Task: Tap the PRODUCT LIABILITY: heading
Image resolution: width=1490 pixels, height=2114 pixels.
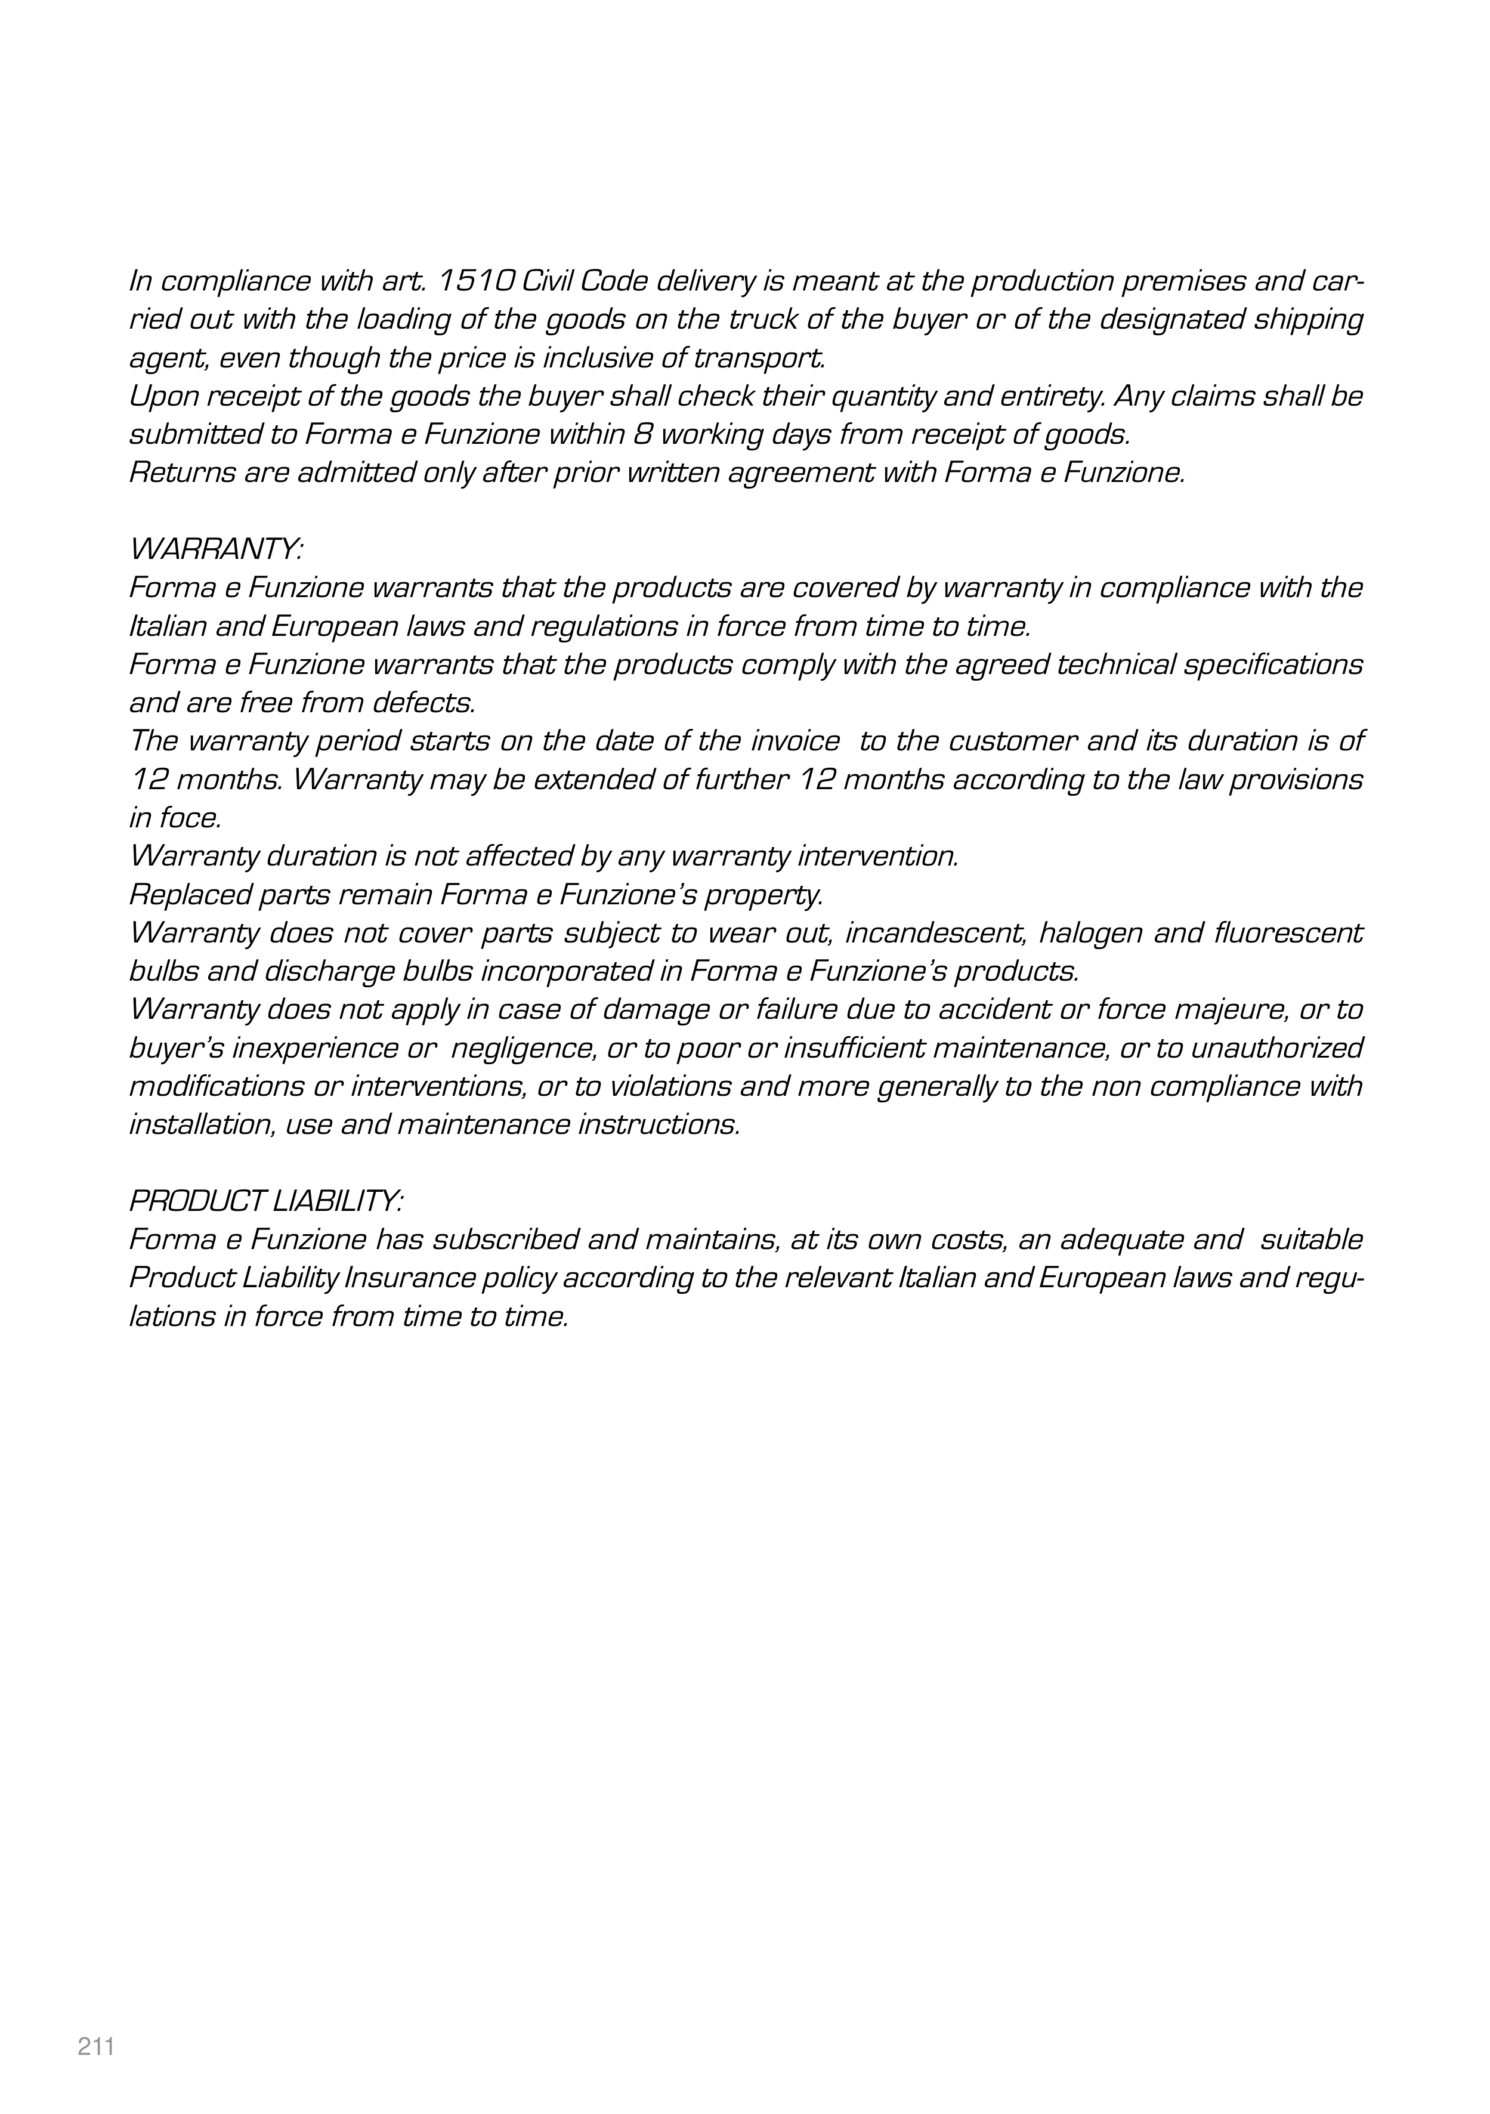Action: (x=265, y=1201)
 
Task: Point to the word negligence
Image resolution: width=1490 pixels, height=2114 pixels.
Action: (x=521, y=1048)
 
